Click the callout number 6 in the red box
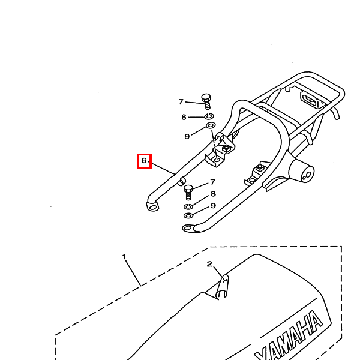[x=144, y=160]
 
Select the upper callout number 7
[x=181, y=102]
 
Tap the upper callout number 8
[x=184, y=117]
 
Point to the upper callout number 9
[x=187, y=137]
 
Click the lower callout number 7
[x=213, y=182]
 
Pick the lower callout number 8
[x=213, y=194]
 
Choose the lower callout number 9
[x=213, y=205]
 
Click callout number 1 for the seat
[x=124, y=256]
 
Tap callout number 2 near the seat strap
[x=209, y=264]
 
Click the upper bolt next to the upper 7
[x=206, y=101]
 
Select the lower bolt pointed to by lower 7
[x=188, y=192]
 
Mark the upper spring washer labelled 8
[x=209, y=116]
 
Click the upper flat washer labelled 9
[x=211, y=125]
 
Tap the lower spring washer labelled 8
[x=188, y=206]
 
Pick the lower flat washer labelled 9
[x=188, y=215]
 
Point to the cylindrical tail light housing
[x=301, y=171]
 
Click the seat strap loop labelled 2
[x=223, y=287]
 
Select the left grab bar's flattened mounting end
[x=152, y=206]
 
